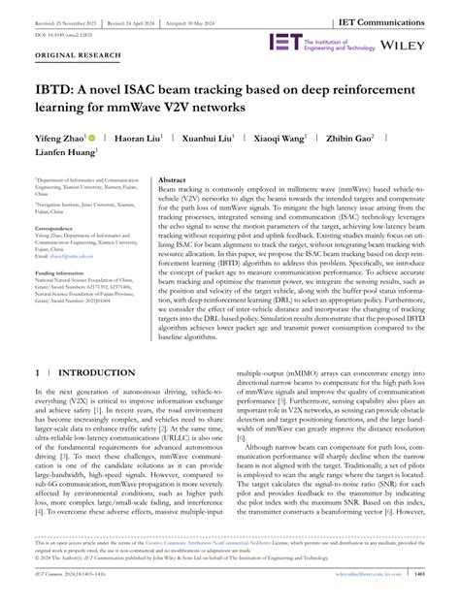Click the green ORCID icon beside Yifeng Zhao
[x=92, y=139]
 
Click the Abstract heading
[x=172, y=180]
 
